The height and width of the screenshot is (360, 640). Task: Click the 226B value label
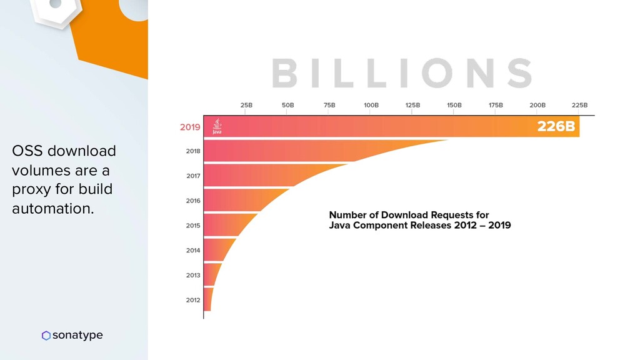(556, 127)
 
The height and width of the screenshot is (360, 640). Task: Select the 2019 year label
(190, 127)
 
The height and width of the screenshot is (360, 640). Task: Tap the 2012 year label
(193, 300)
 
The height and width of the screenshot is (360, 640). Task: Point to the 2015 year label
(193, 226)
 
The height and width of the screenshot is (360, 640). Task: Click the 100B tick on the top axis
(371, 106)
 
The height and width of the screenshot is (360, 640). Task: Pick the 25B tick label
(246, 106)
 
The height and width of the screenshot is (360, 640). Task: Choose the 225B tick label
(579, 106)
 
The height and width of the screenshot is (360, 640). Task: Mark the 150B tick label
(454, 106)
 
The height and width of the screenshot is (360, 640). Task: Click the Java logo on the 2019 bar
(216, 127)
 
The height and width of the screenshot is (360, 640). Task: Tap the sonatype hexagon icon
(46, 336)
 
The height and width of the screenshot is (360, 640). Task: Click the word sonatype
(77, 336)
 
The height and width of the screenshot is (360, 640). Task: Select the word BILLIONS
(402, 73)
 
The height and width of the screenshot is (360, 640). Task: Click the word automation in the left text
(53, 209)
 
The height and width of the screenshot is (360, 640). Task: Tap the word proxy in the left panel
(31, 189)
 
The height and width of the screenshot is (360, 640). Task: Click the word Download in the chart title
(405, 215)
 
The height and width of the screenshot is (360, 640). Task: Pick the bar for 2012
(207, 300)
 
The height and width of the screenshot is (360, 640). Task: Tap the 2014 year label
(193, 251)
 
